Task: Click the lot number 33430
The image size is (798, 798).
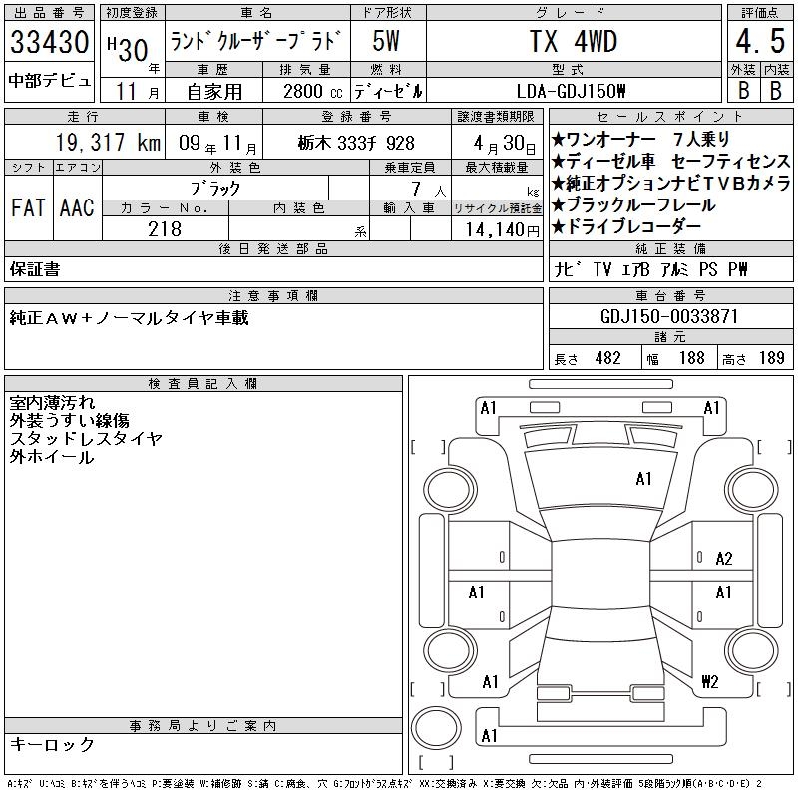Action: [49, 41]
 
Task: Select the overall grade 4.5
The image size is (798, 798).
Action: [760, 41]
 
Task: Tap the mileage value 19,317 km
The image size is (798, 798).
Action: [108, 142]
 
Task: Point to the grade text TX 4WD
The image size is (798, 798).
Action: [574, 41]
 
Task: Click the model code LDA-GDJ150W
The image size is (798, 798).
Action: [571, 91]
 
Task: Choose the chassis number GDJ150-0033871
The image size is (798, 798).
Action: [669, 316]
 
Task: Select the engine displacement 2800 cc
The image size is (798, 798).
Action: [312, 91]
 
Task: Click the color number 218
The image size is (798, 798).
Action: [165, 229]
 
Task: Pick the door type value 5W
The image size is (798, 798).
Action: [386, 41]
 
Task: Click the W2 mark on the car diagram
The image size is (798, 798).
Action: [710, 681]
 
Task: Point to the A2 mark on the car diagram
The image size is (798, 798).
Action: [724, 559]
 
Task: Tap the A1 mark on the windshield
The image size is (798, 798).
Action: [643, 479]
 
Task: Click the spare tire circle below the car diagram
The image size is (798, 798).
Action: [436, 728]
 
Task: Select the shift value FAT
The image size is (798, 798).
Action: [28, 207]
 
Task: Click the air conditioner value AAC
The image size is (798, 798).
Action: [77, 207]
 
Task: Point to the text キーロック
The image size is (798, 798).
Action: [52, 744]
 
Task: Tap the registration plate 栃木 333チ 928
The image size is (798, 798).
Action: [356, 143]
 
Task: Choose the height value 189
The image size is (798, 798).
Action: [771, 358]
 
